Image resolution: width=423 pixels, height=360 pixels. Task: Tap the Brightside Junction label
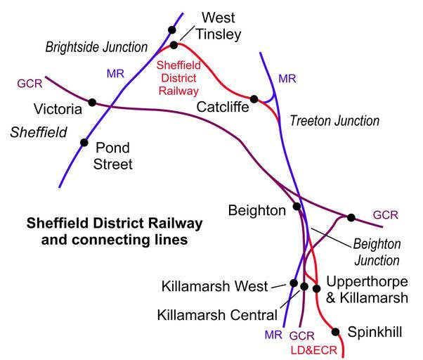click(97, 48)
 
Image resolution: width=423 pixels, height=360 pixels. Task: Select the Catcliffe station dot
click(254, 99)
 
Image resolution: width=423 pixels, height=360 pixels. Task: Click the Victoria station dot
click(92, 103)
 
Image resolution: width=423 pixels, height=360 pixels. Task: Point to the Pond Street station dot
click(84, 143)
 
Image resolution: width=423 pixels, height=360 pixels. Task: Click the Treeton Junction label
click(334, 121)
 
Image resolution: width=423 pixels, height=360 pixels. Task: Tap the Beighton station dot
click(297, 207)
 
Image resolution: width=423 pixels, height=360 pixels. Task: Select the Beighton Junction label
click(376, 252)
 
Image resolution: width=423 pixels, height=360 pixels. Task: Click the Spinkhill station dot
click(336, 331)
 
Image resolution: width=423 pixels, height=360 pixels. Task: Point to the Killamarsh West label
click(214, 286)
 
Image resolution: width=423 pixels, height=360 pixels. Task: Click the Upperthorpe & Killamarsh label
click(365, 290)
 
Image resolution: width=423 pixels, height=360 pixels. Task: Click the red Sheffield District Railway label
click(178, 78)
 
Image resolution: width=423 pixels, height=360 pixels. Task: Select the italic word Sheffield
click(39, 132)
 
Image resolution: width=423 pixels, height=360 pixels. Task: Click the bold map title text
click(114, 231)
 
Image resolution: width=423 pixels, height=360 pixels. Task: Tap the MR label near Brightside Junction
click(116, 72)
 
